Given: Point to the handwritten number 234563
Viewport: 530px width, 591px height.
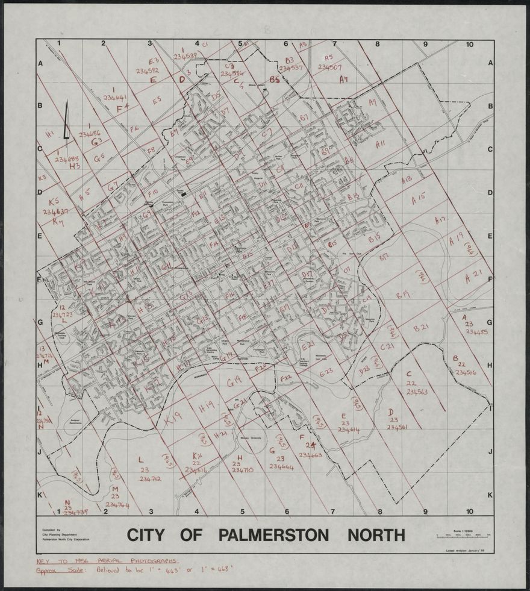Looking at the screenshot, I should (417, 392).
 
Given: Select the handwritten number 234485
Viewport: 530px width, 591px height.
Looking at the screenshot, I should (476, 332).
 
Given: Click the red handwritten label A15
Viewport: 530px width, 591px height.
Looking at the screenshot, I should (418, 196).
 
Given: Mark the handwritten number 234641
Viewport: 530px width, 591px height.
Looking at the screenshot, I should (114, 97).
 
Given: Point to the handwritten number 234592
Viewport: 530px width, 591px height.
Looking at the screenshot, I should (147, 70).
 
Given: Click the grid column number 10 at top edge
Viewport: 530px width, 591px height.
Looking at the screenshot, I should (470, 44).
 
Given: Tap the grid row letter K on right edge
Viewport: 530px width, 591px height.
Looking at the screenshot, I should (490, 495).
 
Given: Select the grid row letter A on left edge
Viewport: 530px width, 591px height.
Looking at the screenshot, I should (41, 63).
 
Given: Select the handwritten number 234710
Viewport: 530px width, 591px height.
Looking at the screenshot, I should (242, 469).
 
